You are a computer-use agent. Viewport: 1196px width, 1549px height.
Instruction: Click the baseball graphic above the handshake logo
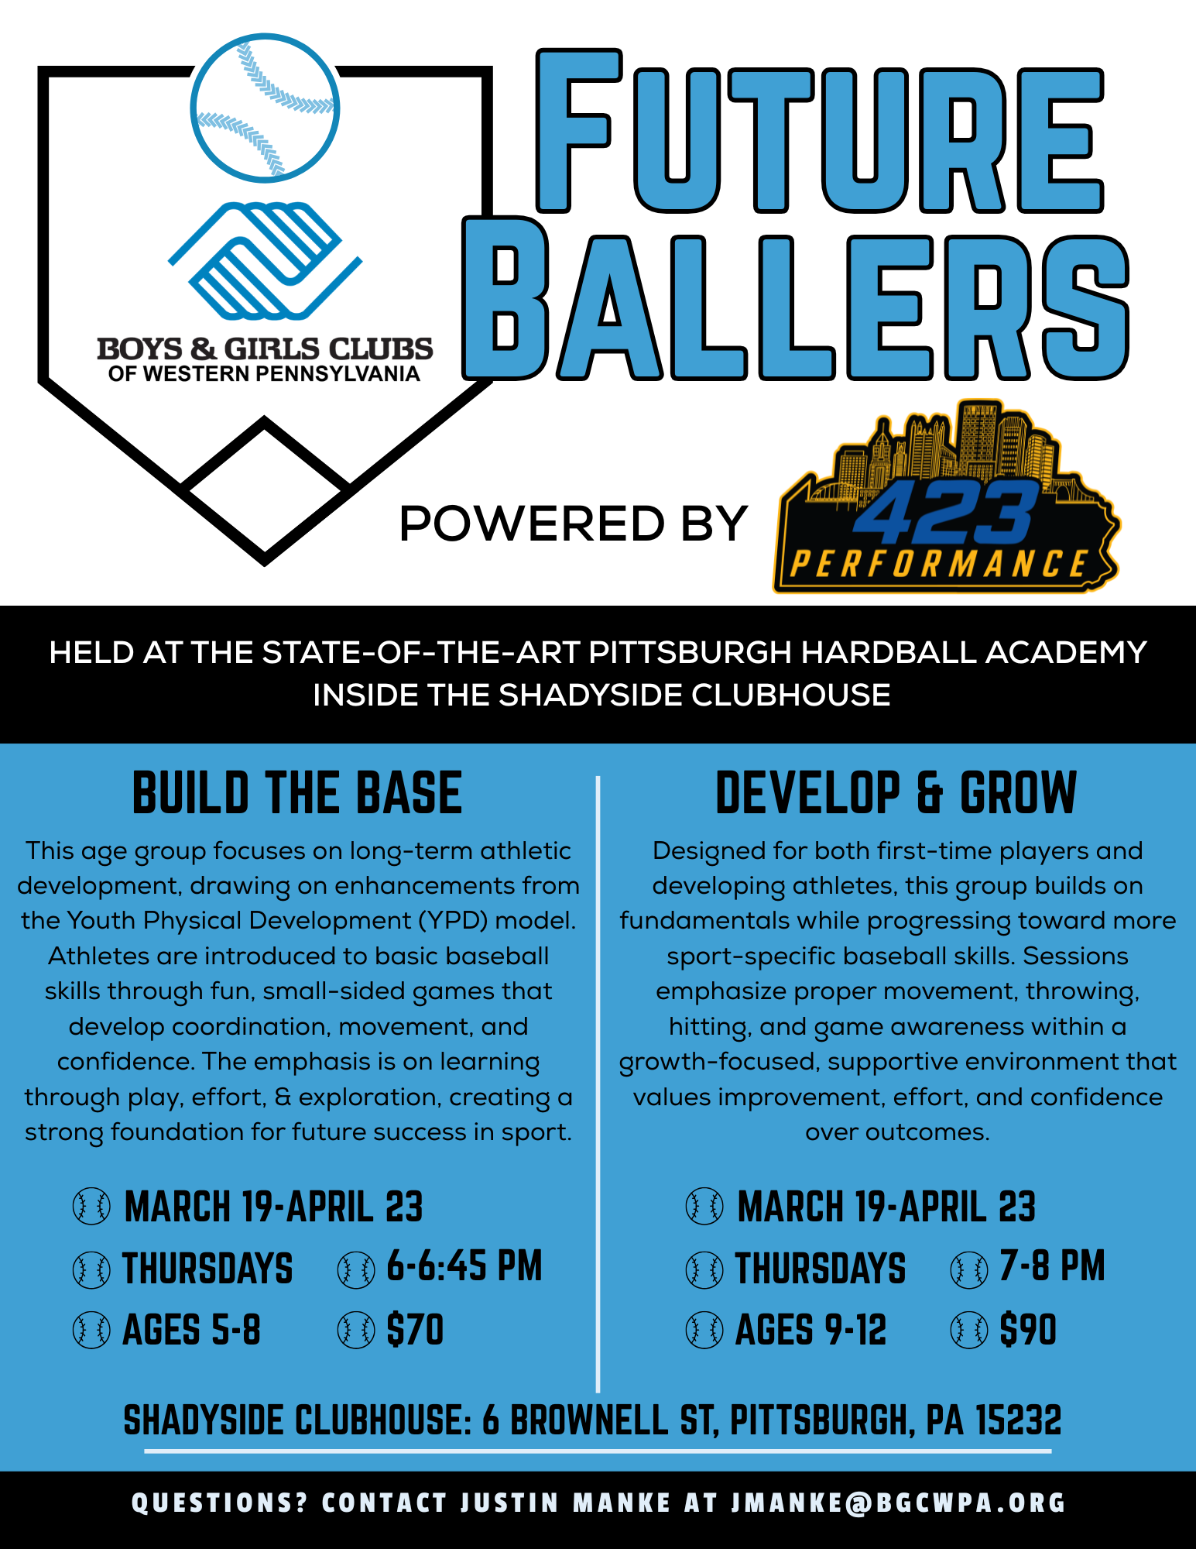(x=265, y=108)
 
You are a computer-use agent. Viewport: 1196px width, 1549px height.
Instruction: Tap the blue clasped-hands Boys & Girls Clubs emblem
(x=265, y=261)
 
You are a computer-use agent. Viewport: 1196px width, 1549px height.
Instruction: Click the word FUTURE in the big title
(x=821, y=132)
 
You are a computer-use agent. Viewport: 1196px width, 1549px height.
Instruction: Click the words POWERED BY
(x=573, y=524)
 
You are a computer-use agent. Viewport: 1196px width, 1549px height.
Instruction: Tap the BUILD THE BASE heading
(x=297, y=793)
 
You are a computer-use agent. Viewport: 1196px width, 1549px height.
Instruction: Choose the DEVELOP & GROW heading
(x=896, y=793)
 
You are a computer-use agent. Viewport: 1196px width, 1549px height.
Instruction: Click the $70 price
(x=416, y=1330)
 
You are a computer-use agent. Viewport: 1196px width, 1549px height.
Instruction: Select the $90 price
(x=1028, y=1330)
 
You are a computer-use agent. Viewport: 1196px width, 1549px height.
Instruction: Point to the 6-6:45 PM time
(x=464, y=1266)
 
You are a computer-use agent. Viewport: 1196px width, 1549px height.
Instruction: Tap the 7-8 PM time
(x=1052, y=1266)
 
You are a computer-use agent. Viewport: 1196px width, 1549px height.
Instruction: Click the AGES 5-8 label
(x=192, y=1330)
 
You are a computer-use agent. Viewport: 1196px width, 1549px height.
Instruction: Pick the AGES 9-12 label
(x=810, y=1330)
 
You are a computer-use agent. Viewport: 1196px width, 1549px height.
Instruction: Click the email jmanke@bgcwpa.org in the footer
(x=899, y=1503)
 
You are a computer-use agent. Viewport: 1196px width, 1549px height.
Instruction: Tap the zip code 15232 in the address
(x=1018, y=1420)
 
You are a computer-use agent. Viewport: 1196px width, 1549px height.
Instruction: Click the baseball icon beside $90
(x=969, y=1330)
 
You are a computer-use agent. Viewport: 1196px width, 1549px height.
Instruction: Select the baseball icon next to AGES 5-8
(x=91, y=1330)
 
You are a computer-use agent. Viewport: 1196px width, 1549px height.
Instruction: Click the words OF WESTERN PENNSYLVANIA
(x=264, y=374)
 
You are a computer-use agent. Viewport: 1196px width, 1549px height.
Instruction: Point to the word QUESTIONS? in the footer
(x=220, y=1503)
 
